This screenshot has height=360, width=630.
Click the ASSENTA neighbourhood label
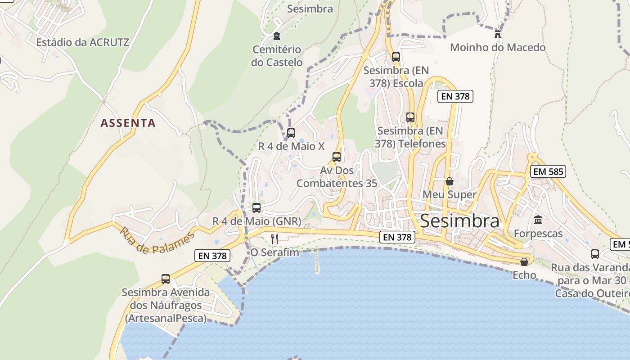click(128, 123)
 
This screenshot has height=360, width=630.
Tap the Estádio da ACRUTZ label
click(83, 42)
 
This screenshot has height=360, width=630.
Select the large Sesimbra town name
click(459, 221)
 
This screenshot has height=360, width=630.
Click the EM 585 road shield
click(548, 171)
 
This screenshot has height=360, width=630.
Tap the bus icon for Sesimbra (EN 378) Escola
click(396, 57)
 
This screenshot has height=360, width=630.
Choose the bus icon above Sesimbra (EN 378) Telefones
click(410, 117)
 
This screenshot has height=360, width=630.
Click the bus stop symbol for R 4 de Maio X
click(291, 133)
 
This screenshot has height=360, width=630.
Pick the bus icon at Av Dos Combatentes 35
click(337, 157)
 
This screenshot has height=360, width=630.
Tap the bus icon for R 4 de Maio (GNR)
click(256, 208)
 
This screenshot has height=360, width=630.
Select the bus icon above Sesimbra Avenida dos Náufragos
click(166, 279)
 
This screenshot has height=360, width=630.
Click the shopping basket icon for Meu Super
click(449, 181)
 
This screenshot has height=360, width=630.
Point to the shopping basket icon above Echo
click(524, 262)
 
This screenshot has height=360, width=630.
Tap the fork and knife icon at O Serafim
click(274, 238)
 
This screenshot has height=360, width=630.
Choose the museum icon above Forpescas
click(538, 220)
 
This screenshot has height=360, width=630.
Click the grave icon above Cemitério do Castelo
click(277, 36)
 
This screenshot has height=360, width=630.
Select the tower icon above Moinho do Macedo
click(498, 34)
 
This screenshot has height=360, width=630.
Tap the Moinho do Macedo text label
click(498, 47)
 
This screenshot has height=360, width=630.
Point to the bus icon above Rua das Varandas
click(595, 254)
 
